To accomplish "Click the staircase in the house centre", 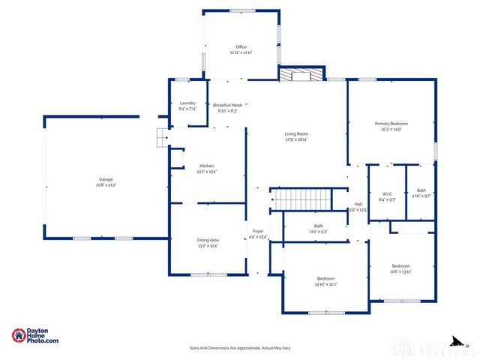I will coord(301,199).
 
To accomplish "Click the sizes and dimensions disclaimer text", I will coord(240,348).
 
